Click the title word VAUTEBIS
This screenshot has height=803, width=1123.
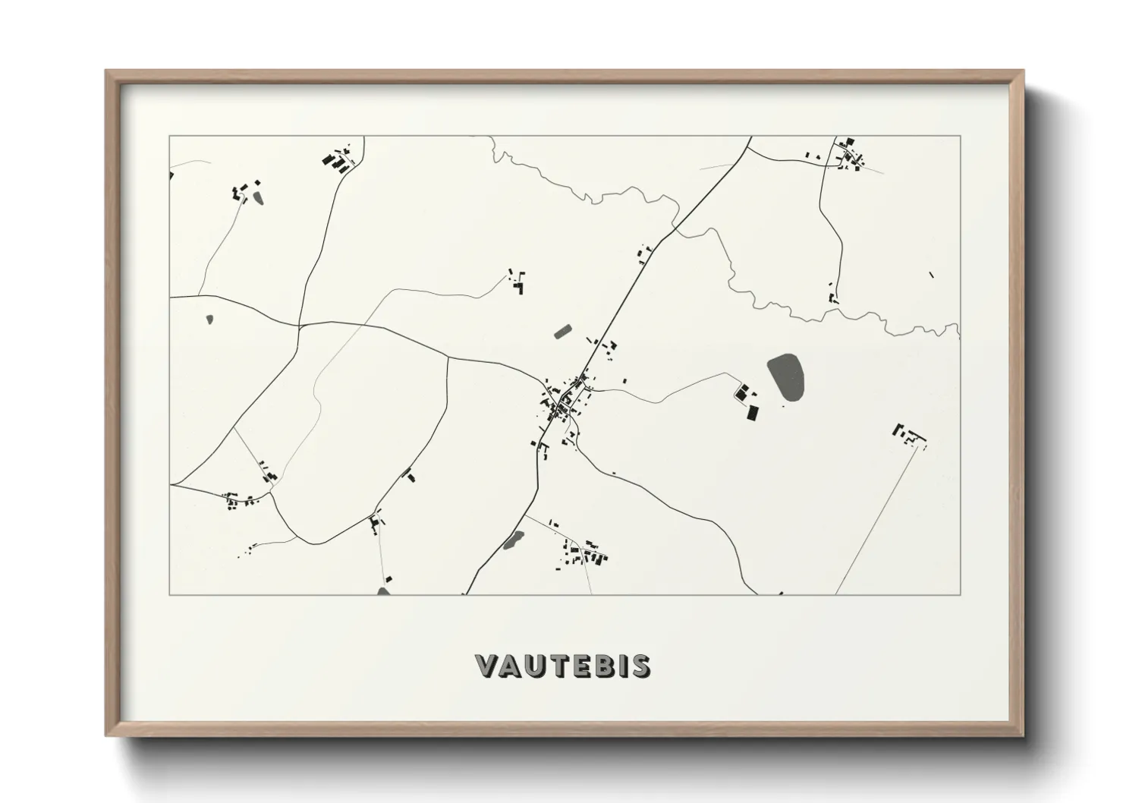point(562,666)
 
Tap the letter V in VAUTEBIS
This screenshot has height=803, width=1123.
point(486,666)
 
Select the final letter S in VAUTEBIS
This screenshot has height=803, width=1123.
point(642,666)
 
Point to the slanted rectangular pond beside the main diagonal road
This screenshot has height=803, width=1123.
point(563,331)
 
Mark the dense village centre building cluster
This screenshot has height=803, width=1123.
point(562,402)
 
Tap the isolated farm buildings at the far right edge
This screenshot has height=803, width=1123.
point(911,435)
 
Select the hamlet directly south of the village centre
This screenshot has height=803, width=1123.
point(584,553)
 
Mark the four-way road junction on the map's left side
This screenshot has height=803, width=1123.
point(300,326)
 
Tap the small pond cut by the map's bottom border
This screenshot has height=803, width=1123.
point(384,590)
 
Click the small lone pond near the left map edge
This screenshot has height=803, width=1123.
point(209,320)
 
